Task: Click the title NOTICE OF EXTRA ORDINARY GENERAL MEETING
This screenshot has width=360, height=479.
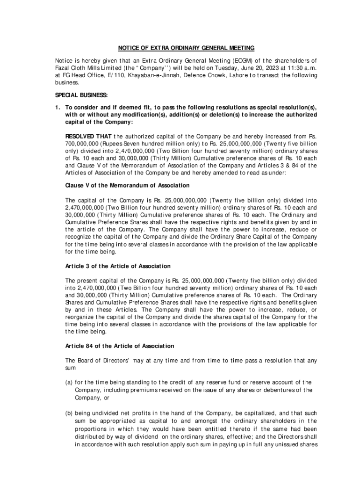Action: tap(186, 48)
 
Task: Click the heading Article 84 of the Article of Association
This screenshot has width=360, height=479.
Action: tap(120, 346)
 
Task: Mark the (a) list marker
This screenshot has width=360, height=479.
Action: tap(68, 383)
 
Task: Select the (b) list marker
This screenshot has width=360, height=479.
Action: tap(68, 414)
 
